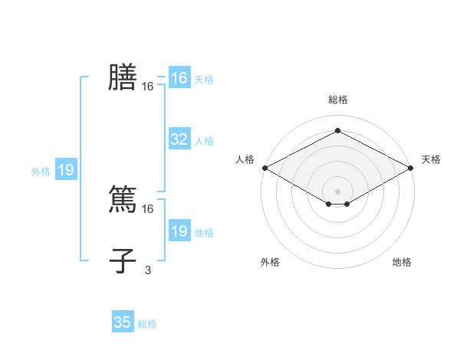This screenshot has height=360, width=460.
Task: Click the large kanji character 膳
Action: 123,78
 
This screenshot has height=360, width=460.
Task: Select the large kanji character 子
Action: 123,260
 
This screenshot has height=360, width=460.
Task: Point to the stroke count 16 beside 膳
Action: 148,87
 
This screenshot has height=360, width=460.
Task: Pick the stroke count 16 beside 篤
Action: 148,208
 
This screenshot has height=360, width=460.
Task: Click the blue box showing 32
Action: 179,139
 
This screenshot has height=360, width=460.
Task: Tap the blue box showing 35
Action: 123,322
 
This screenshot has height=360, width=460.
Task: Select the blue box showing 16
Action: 179,78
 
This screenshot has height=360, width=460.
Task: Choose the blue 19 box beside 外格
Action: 66,170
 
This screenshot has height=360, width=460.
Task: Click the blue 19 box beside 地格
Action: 179,231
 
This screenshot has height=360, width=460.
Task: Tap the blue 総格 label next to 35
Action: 147,324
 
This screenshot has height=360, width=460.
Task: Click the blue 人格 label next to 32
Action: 204,141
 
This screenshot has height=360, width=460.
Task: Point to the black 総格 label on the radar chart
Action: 338,100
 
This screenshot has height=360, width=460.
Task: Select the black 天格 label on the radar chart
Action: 431,159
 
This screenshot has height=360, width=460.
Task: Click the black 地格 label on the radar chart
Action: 402,262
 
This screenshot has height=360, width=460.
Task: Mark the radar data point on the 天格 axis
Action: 412,168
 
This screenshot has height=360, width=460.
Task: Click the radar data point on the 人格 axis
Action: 264,168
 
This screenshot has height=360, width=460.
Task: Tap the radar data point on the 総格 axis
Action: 338,131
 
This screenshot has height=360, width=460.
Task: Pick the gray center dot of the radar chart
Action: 338,191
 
